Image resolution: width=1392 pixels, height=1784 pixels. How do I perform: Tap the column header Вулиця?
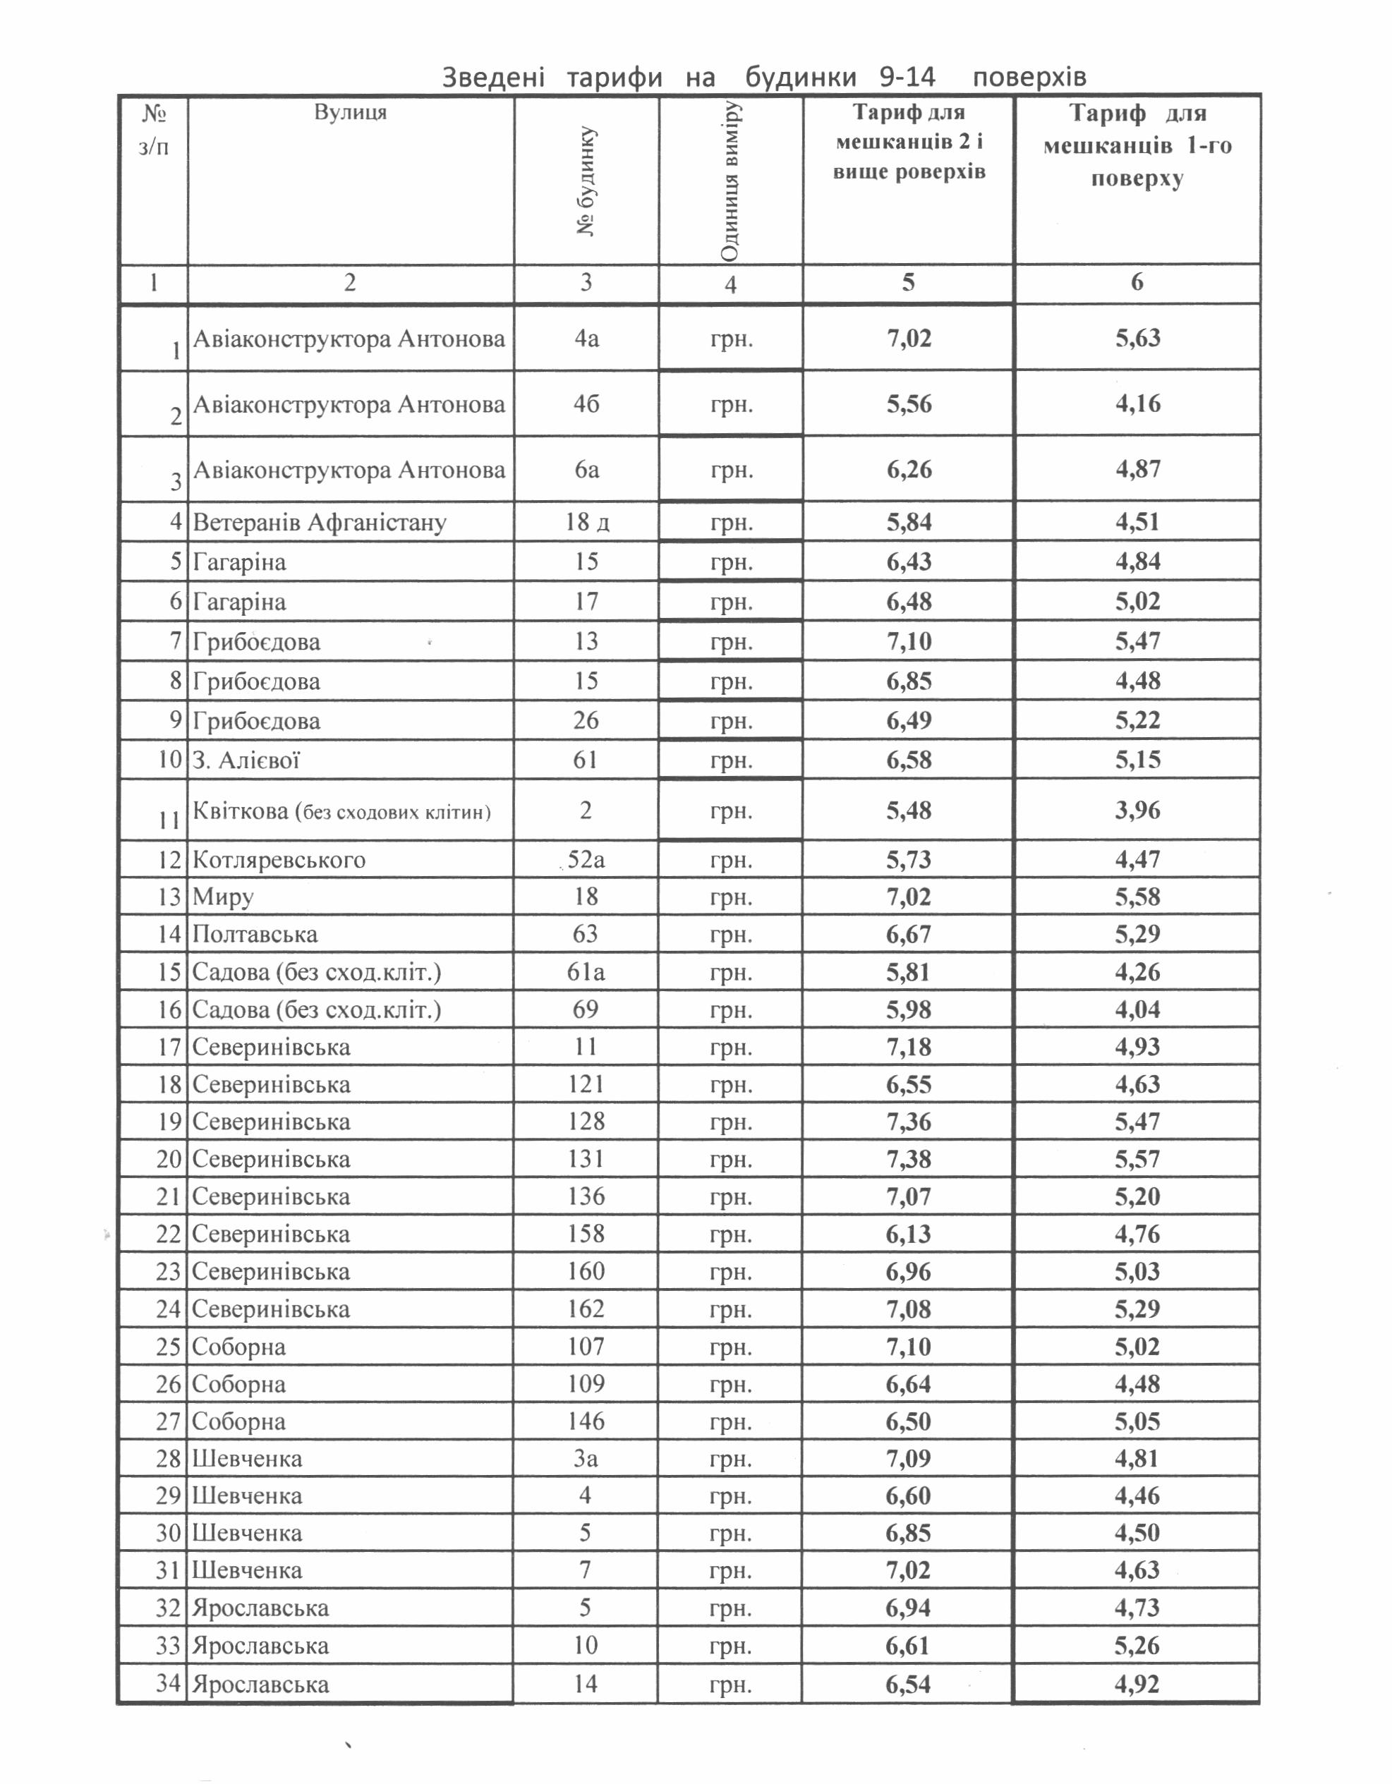tap(351, 112)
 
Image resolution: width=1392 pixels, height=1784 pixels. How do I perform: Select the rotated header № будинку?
tap(586, 181)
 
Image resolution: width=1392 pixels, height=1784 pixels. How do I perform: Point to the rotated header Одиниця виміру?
tap(730, 181)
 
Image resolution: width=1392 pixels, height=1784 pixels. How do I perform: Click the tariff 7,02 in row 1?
tap(909, 338)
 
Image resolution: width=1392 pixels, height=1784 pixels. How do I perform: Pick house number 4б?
tap(586, 404)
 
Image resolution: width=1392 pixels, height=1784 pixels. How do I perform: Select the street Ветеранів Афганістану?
tap(320, 522)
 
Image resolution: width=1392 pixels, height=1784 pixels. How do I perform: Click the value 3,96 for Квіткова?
tap(1137, 811)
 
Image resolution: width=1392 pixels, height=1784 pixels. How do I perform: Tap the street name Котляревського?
tap(279, 860)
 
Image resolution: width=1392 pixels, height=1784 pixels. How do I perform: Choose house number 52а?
tap(586, 860)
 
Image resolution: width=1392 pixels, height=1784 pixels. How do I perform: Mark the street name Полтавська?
tap(255, 935)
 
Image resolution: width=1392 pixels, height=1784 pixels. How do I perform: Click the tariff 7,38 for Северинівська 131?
tap(909, 1159)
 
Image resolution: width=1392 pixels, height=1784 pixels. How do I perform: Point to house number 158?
tap(586, 1234)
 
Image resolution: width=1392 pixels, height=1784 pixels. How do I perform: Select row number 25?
tap(169, 1346)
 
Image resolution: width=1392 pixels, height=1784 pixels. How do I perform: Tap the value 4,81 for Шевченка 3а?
tap(1137, 1459)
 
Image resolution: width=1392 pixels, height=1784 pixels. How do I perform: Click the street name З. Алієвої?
tap(246, 760)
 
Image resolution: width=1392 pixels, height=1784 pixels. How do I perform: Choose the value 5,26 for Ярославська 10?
tap(1137, 1646)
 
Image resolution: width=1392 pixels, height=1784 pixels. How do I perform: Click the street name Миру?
tap(223, 897)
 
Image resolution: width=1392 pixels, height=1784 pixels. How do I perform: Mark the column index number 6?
tap(1137, 283)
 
